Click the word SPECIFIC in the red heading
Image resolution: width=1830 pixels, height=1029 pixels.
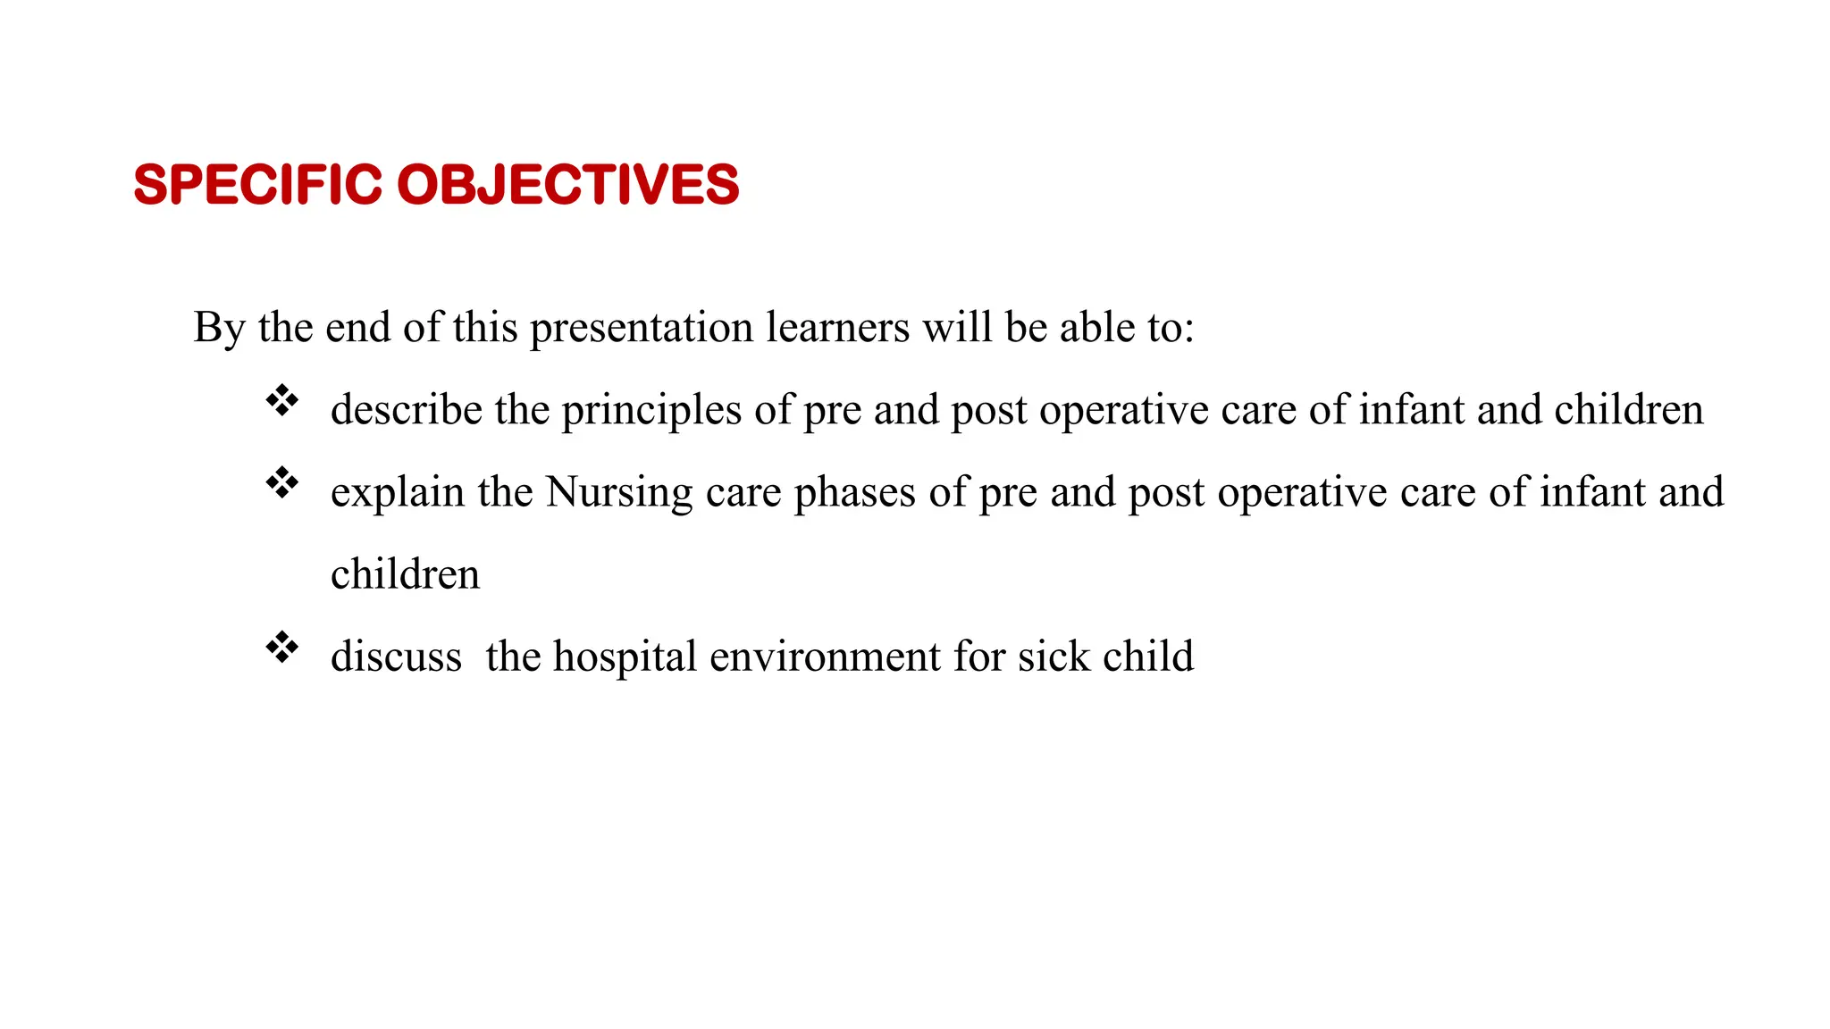coord(257,185)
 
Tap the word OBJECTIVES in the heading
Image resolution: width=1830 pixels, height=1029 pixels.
coord(567,185)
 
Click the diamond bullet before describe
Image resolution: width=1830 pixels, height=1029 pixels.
coord(282,400)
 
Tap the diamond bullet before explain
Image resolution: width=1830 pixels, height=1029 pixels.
coord(282,482)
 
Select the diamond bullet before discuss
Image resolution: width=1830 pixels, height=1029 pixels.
coord(282,647)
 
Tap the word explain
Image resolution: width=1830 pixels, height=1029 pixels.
coord(398,493)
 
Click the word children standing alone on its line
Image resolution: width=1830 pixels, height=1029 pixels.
coord(405,574)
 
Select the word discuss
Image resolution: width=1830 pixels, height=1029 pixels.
coord(396,657)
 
